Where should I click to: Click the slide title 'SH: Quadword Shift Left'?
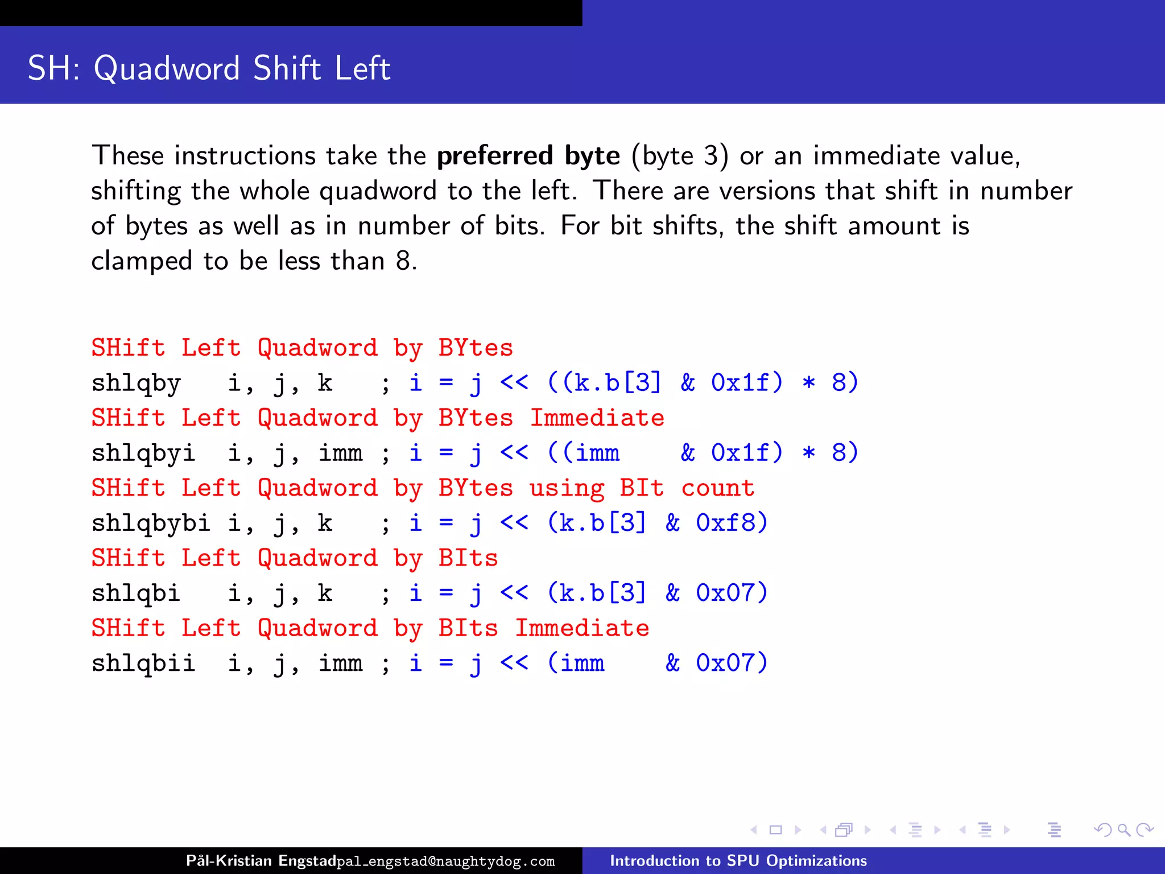pos(209,68)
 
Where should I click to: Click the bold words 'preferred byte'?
pos(528,155)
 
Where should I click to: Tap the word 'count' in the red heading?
pos(718,488)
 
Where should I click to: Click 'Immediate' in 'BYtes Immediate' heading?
pos(597,418)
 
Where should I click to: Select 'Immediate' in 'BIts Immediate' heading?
pos(582,628)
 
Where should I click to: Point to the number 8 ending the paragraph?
pos(403,261)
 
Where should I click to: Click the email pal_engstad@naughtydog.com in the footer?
pos(445,861)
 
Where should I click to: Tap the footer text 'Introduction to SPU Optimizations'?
pos(738,860)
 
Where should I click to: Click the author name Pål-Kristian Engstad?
pos(261,860)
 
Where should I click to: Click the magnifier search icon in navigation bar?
pos(1123,830)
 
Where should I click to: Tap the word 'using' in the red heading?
pos(567,488)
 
